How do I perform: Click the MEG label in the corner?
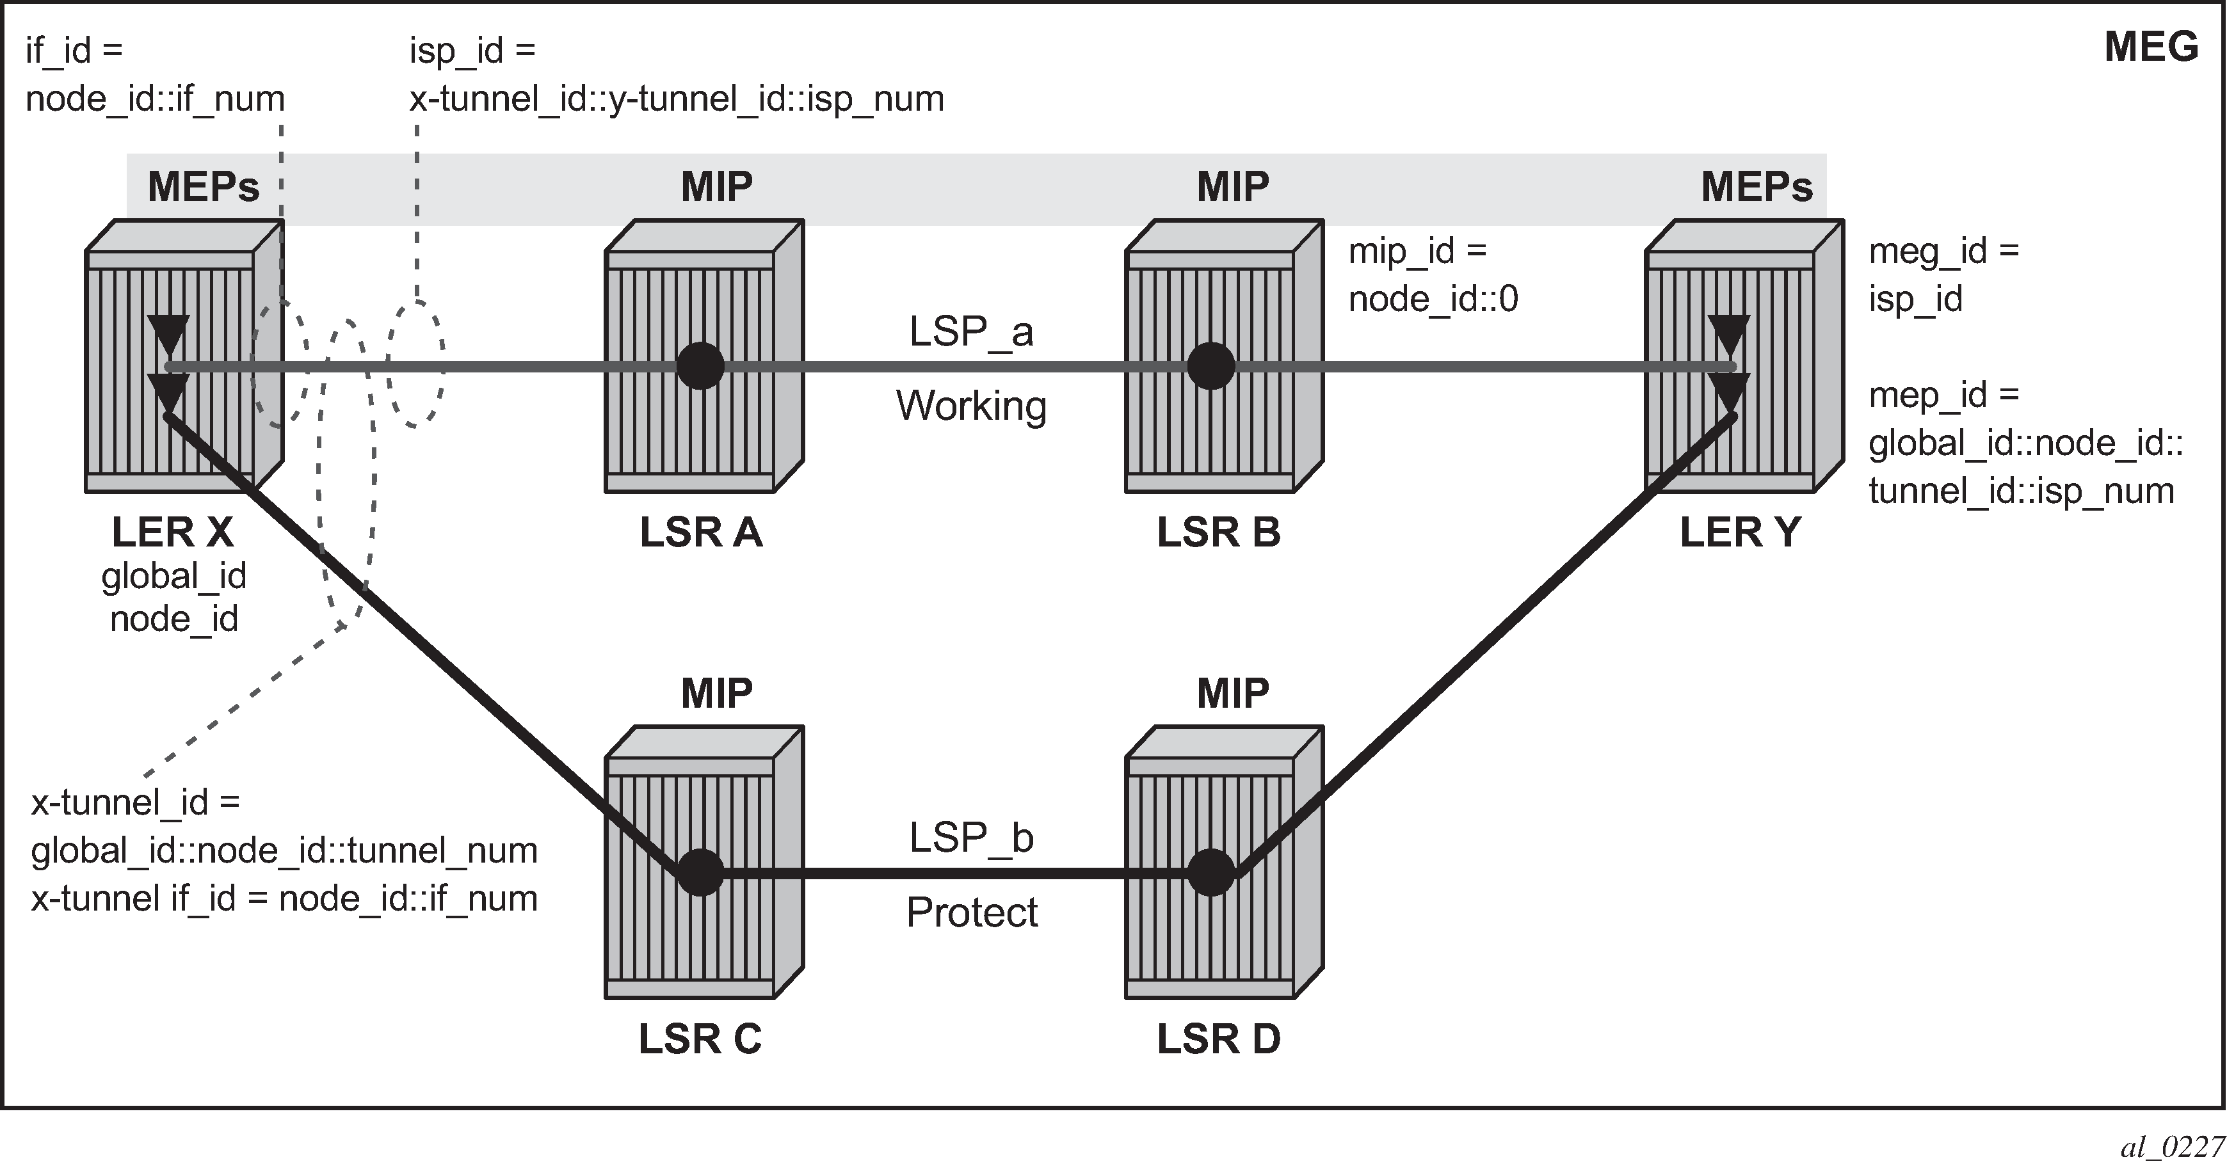[x=2151, y=47]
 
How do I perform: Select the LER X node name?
[x=173, y=532]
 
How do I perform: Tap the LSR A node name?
[x=701, y=532]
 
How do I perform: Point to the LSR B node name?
[x=1218, y=532]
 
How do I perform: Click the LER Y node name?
[x=1739, y=532]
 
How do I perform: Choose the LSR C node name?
[x=700, y=1039]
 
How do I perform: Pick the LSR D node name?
[x=1218, y=1039]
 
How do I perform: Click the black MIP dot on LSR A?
[x=700, y=367]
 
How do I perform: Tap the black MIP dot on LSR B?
[x=1210, y=367]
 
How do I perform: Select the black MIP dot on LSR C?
[x=700, y=873]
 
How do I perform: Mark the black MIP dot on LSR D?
[x=1210, y=873]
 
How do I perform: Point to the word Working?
[x=971, y=406]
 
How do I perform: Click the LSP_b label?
[x=971, y=838]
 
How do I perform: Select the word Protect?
[x=971, y=913]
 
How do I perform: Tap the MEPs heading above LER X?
[x=203, y=187]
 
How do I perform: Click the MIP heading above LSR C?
[x=717, y=693]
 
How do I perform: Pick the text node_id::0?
[x=1433, y=299]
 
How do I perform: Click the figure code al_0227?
[x=2172, y=1147]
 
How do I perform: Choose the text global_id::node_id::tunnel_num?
[x=284, y=850]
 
